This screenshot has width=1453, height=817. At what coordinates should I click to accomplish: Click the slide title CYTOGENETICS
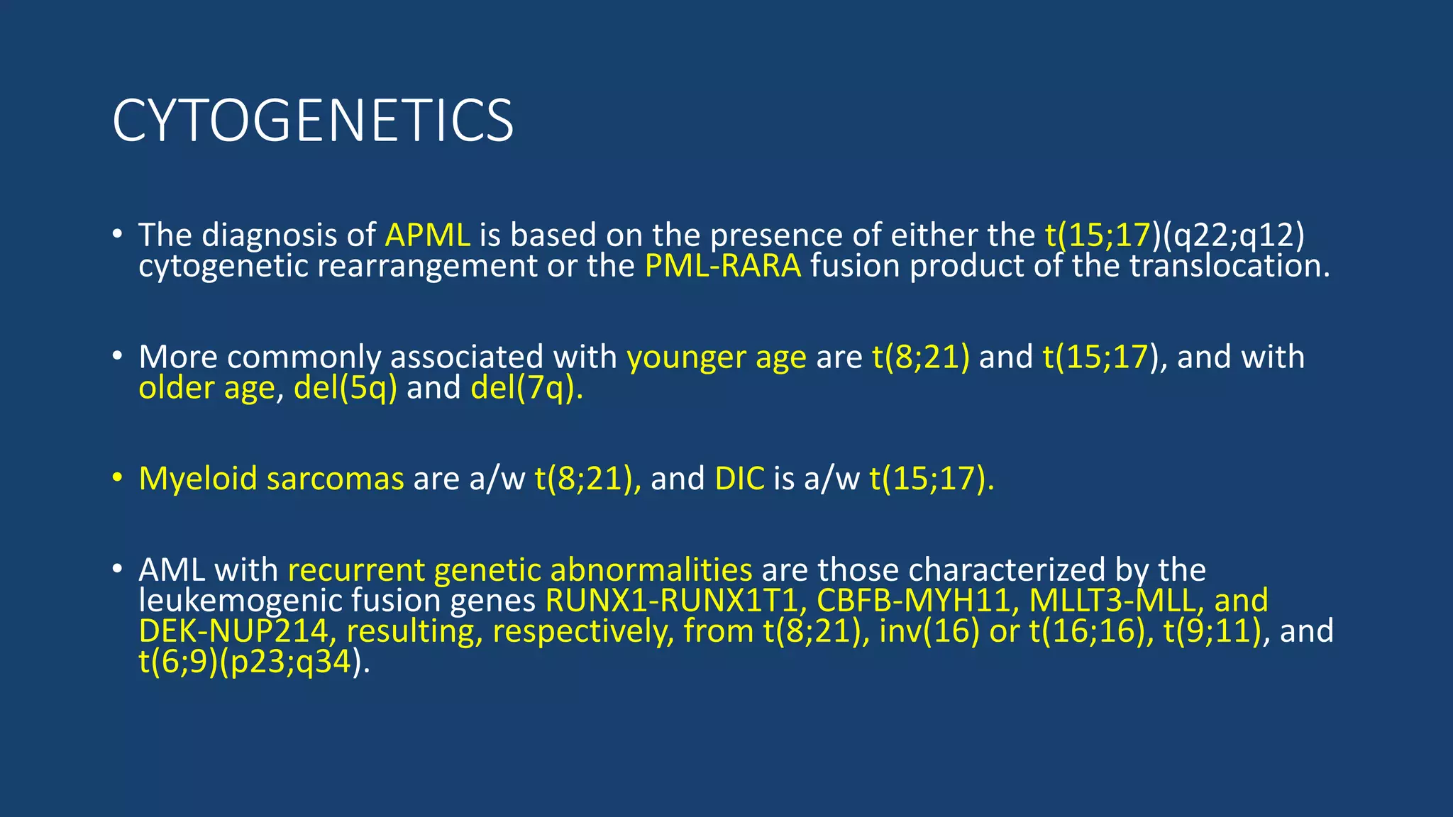click(312, 121)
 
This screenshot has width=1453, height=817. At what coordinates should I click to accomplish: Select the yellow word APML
click(428, 235)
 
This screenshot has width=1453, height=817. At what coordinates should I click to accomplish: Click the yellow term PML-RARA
click(723, 266)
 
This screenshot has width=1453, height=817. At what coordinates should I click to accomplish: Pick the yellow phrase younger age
click(717, 357)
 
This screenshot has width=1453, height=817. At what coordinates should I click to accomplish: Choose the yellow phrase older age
click(206, 388)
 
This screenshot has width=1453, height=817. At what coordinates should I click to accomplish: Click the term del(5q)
click(346, 388)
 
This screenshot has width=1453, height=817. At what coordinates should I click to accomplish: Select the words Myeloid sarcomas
click(271, 479)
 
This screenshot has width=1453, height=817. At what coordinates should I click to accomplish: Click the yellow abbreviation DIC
click(739, 479)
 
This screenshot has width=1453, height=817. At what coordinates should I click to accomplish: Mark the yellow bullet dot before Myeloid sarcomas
click(118, 478)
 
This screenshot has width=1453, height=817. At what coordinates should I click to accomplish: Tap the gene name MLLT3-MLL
click(1112, 601)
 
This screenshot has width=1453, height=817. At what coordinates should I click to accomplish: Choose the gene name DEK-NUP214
click(233, 631)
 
